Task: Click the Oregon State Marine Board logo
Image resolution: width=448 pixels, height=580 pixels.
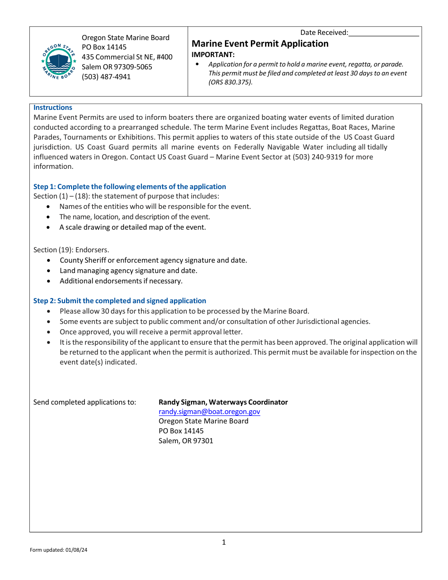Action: click(58, 61)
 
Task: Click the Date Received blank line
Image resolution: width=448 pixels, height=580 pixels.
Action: click(384, 33)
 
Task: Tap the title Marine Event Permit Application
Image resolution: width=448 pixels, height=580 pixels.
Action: click(260, 44)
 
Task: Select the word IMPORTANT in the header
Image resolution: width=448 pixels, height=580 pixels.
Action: click(213, 55)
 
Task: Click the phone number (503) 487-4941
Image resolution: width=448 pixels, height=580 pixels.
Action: click(106, 77)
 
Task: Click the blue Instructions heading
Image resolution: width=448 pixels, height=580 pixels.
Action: click(53, 108)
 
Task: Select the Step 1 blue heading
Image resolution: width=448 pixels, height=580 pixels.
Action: click(130, 187)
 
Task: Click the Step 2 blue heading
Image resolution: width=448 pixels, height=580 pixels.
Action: click(119, 301)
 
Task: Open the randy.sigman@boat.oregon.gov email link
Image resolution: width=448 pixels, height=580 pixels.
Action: click(209, 412)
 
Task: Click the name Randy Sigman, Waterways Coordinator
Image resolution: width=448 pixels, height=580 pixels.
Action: click(223, 402)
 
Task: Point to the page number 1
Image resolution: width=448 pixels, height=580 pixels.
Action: click(224, 542)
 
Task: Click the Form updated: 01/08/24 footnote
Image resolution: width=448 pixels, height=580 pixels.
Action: click(58, 550)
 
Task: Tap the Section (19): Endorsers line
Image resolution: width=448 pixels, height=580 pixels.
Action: click(71, 250)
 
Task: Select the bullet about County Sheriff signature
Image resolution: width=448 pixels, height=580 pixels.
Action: click(153, 260)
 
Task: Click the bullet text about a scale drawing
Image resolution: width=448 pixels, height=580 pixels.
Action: click(133, 227)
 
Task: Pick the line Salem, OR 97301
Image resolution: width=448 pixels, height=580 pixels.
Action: click(186, 441)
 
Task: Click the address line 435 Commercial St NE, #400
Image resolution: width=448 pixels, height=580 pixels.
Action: click(127, 57)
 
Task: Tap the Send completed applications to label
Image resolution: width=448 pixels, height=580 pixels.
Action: click(85, 402)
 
